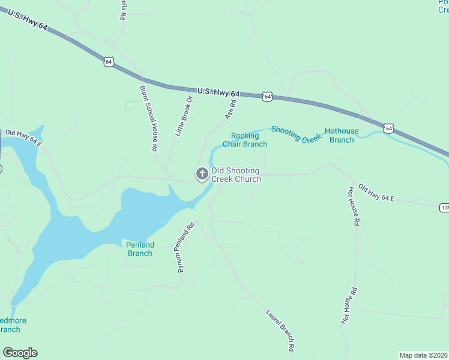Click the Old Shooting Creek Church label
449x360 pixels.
tap(236, 175)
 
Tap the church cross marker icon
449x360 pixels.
tap(202, 175)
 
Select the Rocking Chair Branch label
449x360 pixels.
tap(245, 140)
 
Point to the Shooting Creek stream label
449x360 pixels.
tap(297, 134)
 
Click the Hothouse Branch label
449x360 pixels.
tap(342, 136)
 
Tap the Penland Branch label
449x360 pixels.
tap(140, 249)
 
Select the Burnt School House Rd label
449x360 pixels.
tap(148, 118)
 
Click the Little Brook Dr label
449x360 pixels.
tap(184, 116)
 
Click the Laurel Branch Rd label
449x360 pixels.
tap(280, 331)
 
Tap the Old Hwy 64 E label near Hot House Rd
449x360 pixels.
tap(376, 193)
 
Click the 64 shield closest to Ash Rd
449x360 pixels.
tap(268, 96)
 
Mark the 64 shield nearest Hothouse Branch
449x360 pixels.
tap(389, 128)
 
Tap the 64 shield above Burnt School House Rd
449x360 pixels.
tap(108, 62)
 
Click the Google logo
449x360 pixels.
tap(20, 353)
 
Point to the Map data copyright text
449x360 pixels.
tap(424, 355)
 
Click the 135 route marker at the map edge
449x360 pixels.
tap(444, 208)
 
